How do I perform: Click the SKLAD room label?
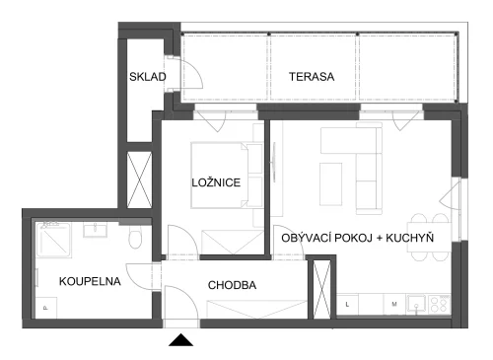[x=148, y=77]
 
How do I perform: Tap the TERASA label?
[x=312, y=77]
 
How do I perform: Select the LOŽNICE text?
[x=216, y=182]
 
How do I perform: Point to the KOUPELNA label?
[x=90, y=281]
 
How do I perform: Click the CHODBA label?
[x=232, y=285]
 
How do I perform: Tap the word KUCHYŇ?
[x=410, y=238]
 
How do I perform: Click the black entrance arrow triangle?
[x=180, y=340]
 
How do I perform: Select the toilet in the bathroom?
[x=135, y=237]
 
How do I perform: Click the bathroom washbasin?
[x=95, y=230]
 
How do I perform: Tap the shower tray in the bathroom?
[x=53, y=239]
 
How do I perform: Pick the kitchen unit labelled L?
[x=347, y=305]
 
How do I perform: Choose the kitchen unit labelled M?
[x=394, y=305]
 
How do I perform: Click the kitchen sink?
[x=417, y=304]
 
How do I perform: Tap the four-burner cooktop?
[x=440, y=304]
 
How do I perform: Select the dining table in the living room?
[x=429, y=238]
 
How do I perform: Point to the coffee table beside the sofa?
[x=330, y=184]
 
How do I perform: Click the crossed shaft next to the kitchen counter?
[x=321, y=289]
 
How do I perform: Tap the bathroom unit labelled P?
[x=46, y=308]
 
